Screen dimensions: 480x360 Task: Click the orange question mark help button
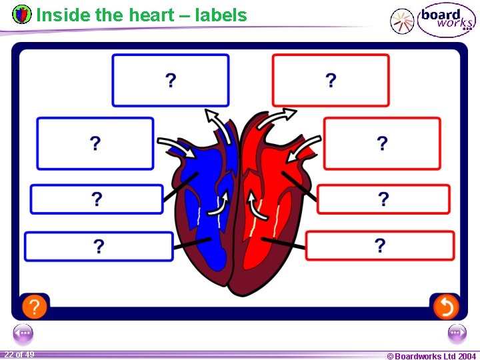point(35,307)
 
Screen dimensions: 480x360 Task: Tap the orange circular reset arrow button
point(445,307)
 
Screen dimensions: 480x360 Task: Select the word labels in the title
point(221,15)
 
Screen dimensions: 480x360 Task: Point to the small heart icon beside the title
point(22,14)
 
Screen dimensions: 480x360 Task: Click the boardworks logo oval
point(446,19)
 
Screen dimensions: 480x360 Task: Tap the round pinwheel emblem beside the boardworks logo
point(402,21)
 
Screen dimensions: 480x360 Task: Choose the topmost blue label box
point(170,80)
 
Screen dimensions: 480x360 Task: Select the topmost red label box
point(331,80)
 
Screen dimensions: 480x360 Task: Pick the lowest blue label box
point(99,246)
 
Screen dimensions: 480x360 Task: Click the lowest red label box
point(380,245)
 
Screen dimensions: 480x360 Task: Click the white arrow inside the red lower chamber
point(254,204)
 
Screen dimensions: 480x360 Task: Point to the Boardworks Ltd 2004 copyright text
point(431,356)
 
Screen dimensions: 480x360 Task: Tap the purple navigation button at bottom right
point(457,333)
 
